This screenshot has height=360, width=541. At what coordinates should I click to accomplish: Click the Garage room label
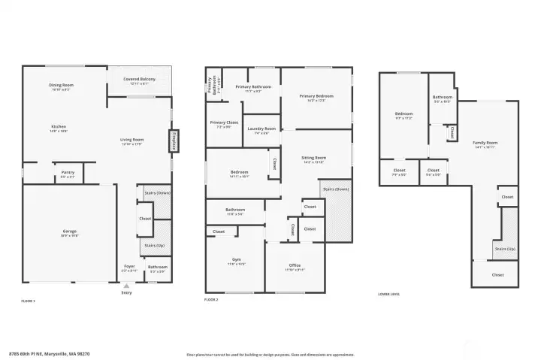pyautogui.click(x=69, y=231)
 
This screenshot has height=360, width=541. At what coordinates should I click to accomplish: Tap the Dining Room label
pyautogui.click(x=61, y=86)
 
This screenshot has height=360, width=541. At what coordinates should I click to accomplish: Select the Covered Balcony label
pyautogui.click(x=140, y=81)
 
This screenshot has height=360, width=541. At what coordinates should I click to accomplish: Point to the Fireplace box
pyautogui.click(x=174, y=141)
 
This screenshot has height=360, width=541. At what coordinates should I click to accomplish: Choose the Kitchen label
pyautogui.click(x=59, y=127)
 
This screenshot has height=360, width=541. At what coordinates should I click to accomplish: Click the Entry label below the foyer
pyautogui.click(x=126, y=292)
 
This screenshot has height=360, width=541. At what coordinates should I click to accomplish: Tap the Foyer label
pyautogui.click(x=129, y=266)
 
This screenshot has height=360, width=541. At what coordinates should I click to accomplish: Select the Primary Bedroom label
pyautogui.click(x=316, y=97)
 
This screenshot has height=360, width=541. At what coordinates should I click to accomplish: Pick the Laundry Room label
pyautogui.click(x=261, y=129)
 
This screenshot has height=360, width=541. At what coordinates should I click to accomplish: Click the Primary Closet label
pyautogui.click(x=224, y=123)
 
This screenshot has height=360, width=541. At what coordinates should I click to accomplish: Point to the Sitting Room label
pyautogui.click(x=313, y=159)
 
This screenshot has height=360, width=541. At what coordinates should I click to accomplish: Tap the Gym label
pyautogui.click(x=236, y=262)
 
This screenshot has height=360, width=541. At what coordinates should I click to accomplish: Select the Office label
pyautogui.click(x=295, y=266)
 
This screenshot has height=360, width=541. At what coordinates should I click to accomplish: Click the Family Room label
pyautogui.click(x=485, y=144)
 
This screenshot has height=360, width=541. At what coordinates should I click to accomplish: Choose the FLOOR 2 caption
pyautogui.click(x=211, y=300)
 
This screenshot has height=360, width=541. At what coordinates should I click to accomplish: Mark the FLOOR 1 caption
pyautogui.click(x=29, y=300)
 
